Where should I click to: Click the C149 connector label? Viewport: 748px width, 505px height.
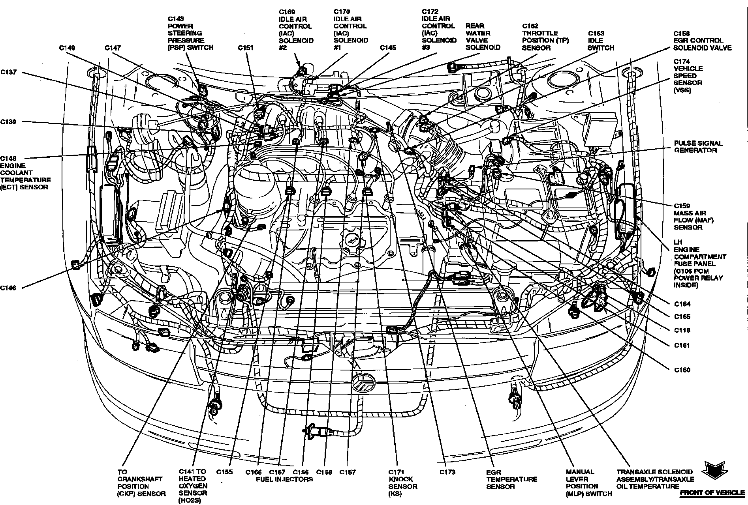67,48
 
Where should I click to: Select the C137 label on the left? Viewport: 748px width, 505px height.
8,73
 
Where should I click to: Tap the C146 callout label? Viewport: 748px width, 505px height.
8,288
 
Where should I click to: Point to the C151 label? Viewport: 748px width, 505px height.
245,48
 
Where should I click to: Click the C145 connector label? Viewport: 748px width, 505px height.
388,48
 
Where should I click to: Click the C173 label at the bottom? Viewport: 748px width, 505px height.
447,472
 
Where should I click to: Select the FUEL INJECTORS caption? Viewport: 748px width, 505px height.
284,479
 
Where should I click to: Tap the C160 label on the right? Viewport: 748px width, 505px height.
682,370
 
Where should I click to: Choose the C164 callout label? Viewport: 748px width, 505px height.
682,304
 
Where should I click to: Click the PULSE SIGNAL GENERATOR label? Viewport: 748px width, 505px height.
698,147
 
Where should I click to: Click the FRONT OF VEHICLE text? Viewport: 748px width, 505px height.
711,493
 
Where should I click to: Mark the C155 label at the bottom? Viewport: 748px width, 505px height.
224,472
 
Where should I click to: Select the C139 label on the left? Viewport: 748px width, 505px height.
8,122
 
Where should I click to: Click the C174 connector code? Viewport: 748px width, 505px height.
682,62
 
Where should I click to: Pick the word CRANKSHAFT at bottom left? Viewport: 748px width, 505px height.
135,479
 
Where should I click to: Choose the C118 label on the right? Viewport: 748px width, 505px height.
682,331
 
